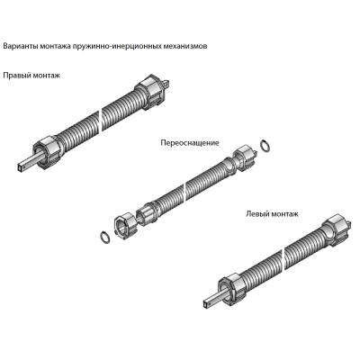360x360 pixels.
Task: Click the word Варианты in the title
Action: tap(21, 47)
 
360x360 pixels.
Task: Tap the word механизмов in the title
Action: tap(186, 47)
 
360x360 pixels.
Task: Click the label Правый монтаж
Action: tap(31, 76)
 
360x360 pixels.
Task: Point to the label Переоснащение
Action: tap(190, 143)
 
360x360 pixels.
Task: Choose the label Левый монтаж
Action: tap(272, 214)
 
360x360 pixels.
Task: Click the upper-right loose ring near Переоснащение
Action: tap(265, 145)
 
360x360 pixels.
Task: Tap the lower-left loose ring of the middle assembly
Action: tap(104, 236)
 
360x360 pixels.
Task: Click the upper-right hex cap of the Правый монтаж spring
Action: tap(150, 93)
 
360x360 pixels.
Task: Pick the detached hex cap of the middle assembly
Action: tap(125, 224)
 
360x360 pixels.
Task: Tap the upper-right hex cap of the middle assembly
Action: tap(244, 158)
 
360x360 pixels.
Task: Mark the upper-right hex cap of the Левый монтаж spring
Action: tap(336, 230)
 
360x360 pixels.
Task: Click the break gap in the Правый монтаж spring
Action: tap(101, 121)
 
